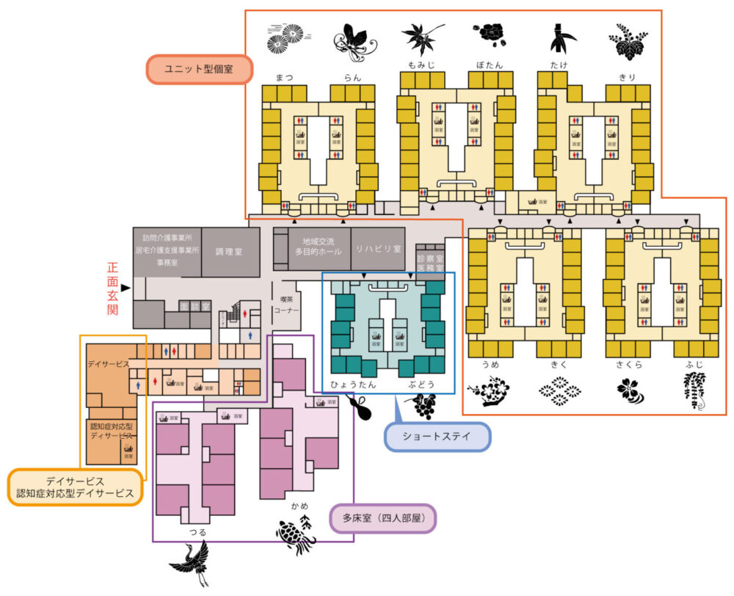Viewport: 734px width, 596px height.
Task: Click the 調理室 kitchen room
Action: coord(230,251)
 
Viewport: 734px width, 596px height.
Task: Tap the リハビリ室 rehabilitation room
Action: coord(377,249)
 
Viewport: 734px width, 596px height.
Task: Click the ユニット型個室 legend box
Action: coord(199,69)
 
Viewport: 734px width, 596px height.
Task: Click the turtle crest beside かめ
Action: coord(297,535)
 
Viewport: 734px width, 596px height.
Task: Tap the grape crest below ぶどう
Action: coord(421,405)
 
